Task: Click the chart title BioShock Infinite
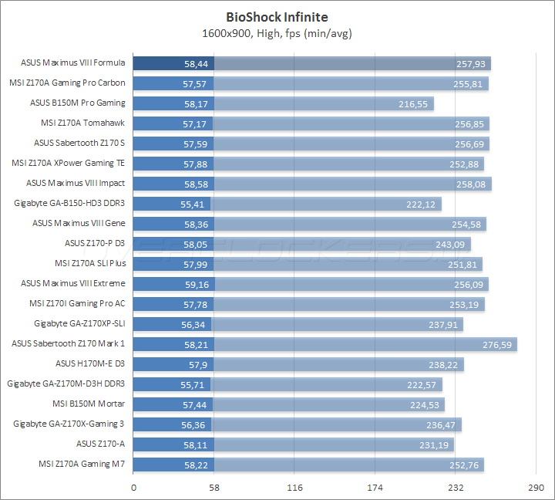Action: point(277,16)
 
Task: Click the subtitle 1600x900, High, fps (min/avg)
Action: point(277,33)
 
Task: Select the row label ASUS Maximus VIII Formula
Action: point(75,63)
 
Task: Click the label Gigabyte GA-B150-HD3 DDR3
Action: point(69,204)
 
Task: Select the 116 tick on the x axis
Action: point(294,488)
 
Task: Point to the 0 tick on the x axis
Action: point(134,488)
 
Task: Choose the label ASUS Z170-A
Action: point(101,444)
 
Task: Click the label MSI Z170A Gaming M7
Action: point(82,464)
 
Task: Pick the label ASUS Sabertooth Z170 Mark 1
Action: point(69,343)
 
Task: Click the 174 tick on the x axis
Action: point(375,488)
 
